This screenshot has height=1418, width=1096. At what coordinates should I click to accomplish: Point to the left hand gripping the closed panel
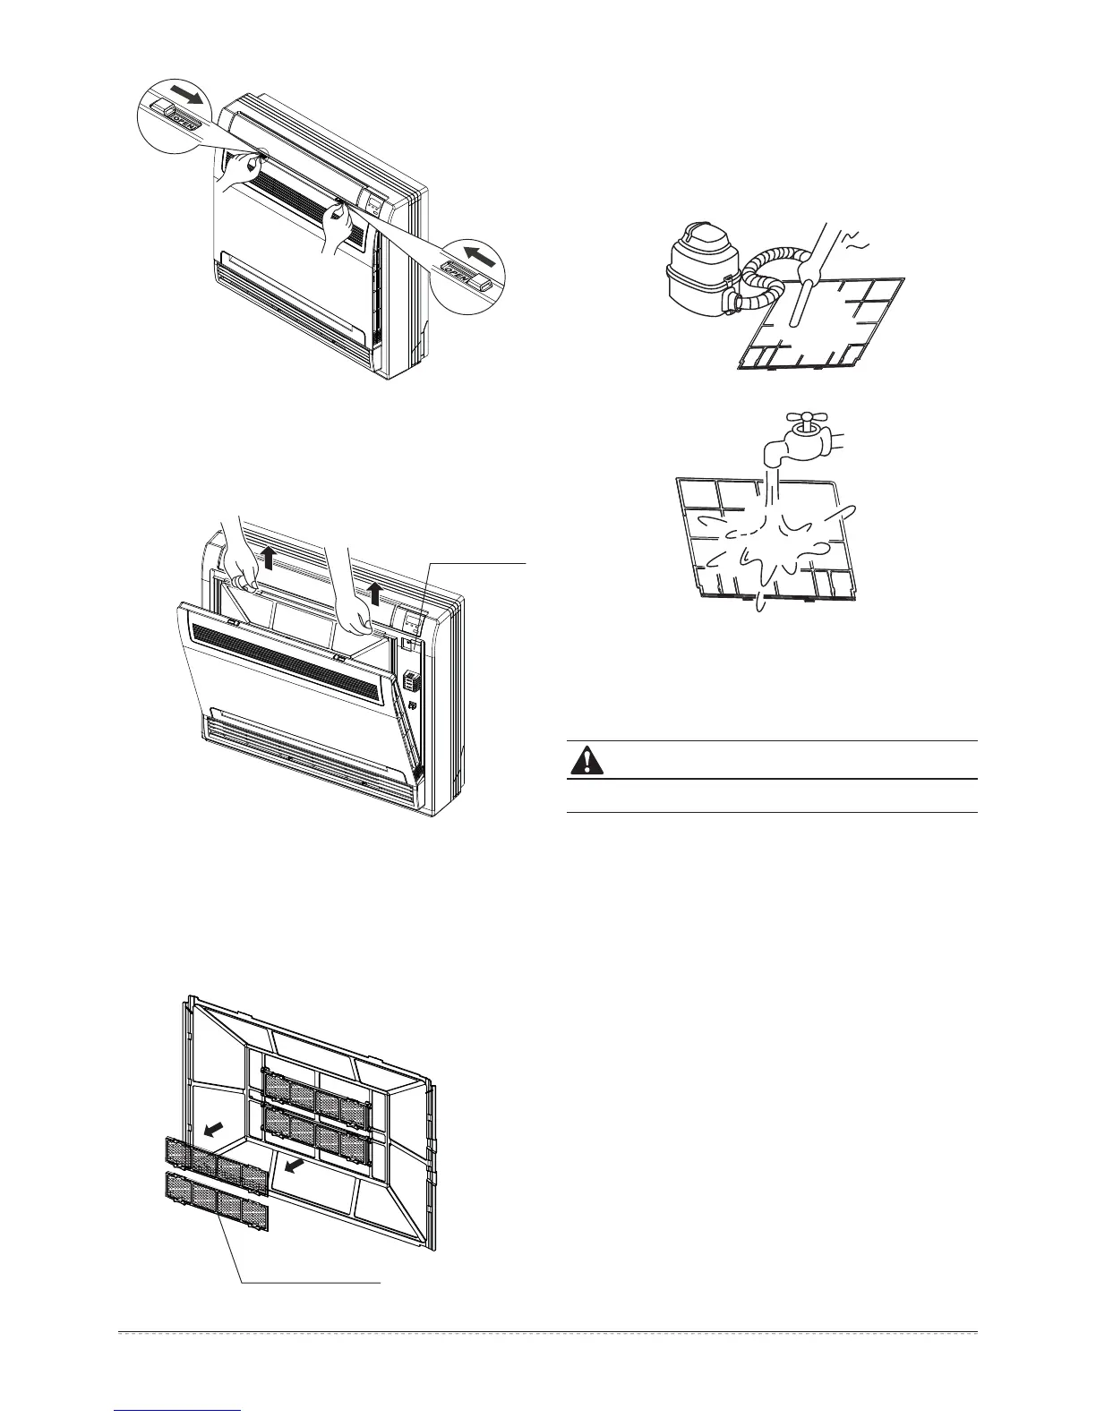pyautogui.click(x=239, y=170)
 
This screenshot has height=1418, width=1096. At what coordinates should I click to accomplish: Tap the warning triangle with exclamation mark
pyautogui.click(x=587, y=760)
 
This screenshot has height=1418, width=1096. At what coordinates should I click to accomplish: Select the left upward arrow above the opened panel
pyautogui.click(x=268, y=560)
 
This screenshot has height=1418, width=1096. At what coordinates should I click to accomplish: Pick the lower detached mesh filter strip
pyautogui.click(x=216, y=1200)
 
